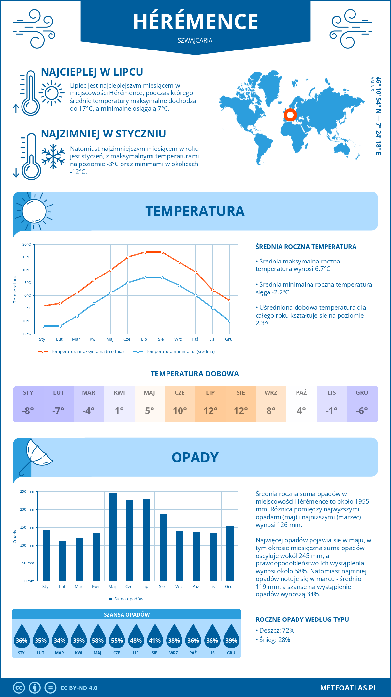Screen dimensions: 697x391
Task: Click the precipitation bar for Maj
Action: click(113, 537)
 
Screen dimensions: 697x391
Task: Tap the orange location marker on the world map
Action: click(290, 115)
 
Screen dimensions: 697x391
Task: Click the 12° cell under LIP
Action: click(210, 411)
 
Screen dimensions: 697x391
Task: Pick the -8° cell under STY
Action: click(28, 411)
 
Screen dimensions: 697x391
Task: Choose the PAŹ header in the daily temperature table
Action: click(301, 392)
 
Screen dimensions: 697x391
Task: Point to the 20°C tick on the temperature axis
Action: click(27, 244)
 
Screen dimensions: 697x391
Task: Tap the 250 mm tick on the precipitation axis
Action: click(27, 491)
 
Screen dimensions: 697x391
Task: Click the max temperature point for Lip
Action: click(145, 252)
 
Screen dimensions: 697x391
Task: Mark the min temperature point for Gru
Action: click(230, 321)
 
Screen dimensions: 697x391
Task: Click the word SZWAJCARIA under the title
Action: click(195, 40)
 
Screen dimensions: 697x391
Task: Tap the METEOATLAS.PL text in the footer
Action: click(348, 688)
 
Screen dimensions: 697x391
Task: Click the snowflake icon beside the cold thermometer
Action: click(53, 156)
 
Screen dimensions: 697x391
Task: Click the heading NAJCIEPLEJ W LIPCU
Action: click(92, 72)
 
